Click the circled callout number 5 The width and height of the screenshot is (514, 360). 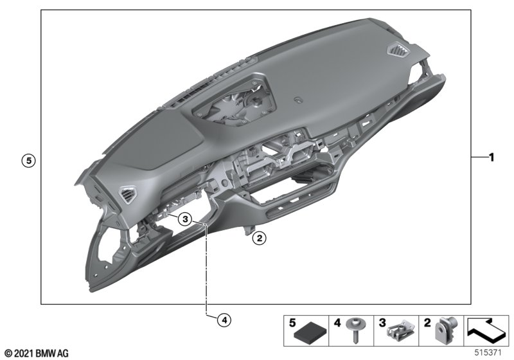point(28,161)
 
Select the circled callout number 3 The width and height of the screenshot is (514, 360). point(185,219)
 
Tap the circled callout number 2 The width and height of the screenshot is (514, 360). point(260,238)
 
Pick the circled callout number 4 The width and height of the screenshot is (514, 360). point(224,319)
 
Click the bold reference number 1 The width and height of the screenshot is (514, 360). point(491,157)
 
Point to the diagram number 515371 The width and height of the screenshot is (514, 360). point(488,353)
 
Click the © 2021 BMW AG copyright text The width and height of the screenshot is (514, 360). point(37,354)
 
